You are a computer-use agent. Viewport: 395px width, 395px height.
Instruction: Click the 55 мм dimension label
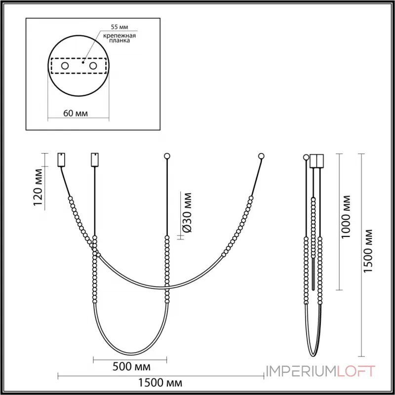(119, 27)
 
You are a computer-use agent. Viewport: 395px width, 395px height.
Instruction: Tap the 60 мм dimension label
(76, 114)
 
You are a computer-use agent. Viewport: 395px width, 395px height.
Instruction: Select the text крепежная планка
(119, 38)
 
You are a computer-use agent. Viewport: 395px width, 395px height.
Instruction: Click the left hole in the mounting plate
(65, 66)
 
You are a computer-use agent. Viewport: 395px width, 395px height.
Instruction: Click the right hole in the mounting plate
(93, 66)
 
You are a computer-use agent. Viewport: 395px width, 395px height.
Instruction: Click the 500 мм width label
(131, 366)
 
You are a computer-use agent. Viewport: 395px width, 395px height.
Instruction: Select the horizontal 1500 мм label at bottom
(160, 383)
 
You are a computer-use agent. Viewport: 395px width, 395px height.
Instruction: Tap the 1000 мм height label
(345, 217)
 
